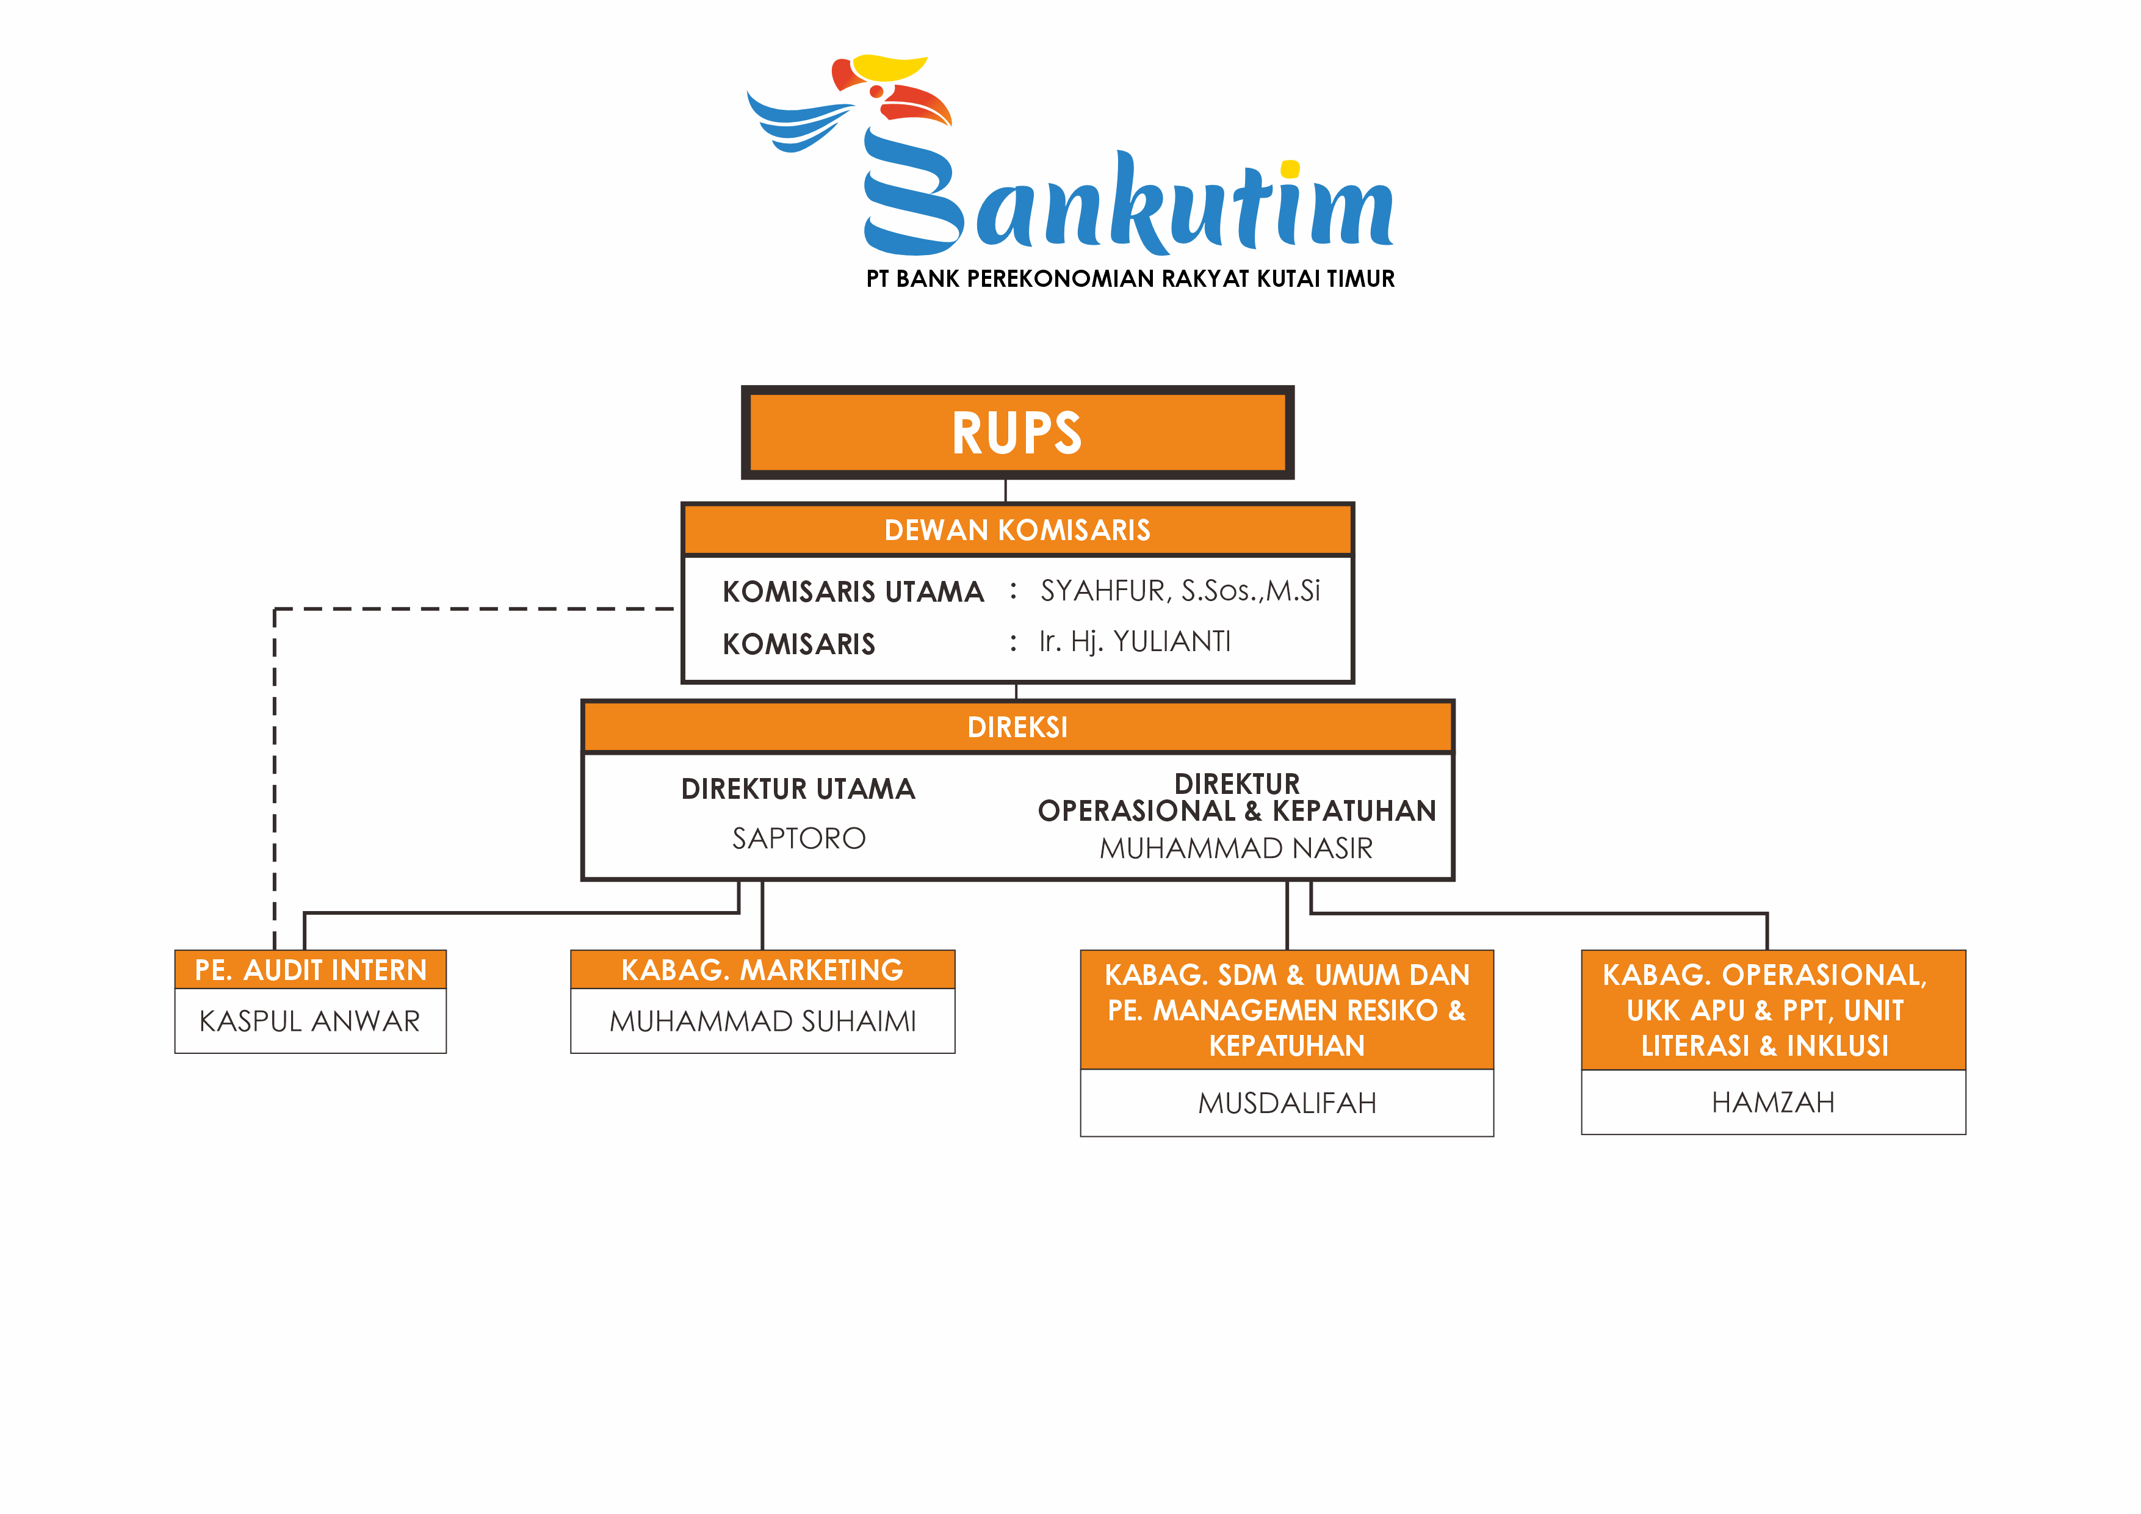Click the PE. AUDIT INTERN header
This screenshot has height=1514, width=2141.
311,970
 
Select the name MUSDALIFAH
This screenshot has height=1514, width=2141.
1287,1104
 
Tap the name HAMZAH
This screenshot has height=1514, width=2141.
1772,1103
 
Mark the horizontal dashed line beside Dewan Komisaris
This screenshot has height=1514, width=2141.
475,609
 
